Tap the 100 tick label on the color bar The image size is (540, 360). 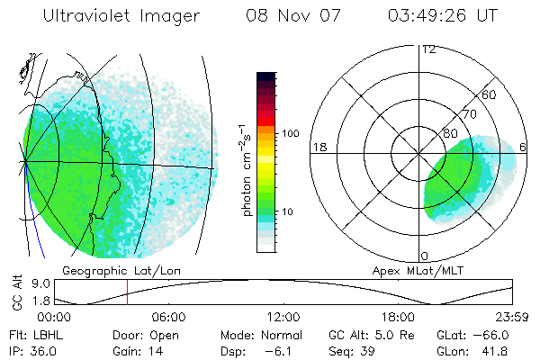tap(291, 133)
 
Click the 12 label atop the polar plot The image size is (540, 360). tap(429, 49)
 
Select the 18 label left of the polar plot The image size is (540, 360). tap(318, 147)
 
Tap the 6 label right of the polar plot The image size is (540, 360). tap(524, 147)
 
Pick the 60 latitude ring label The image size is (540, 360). tap(490, 94)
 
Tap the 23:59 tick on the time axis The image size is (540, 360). tap(512, 317)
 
